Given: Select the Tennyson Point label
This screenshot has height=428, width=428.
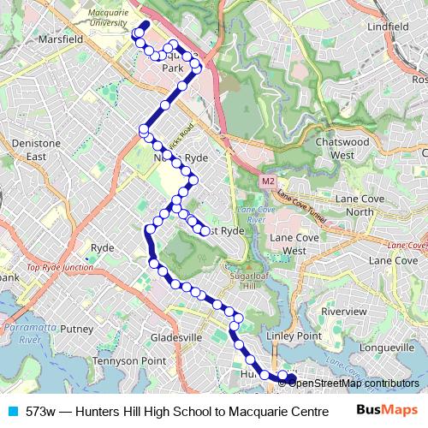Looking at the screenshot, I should pos(128,360).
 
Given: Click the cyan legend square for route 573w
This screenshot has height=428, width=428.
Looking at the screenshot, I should pos(10,411).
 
